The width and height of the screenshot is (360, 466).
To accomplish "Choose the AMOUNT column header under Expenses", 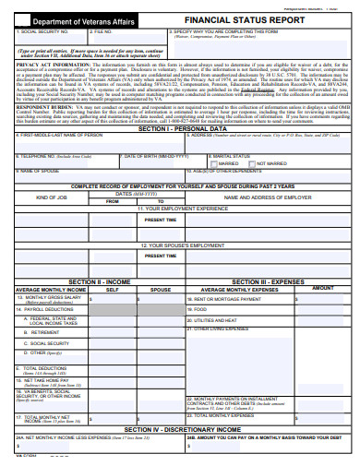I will pos(323,289).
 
